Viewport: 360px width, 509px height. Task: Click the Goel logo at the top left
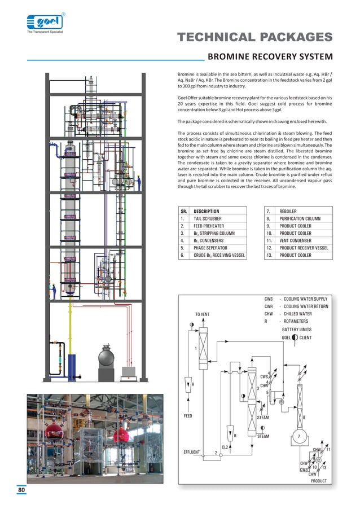click(45, 23)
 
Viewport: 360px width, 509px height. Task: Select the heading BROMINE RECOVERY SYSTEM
click(270, 57)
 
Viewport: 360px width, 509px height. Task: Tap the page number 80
click(21, 490)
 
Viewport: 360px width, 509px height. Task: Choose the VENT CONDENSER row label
click(297, 240)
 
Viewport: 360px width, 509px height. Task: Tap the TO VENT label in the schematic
click(203, 314)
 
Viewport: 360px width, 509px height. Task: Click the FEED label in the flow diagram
click(188, 416)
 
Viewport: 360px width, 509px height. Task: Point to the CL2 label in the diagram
click(225, 447)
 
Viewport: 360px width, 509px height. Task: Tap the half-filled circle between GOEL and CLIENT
click(295, 337)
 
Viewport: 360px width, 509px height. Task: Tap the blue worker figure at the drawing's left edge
click(54, 292)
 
